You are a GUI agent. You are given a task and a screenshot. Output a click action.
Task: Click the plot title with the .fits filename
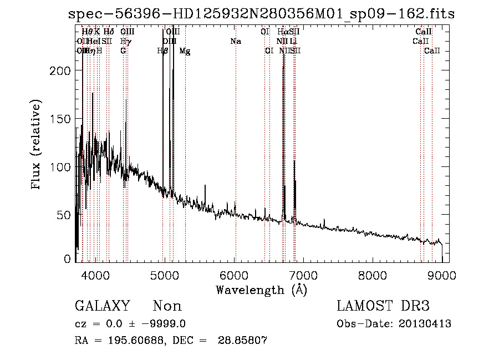261,14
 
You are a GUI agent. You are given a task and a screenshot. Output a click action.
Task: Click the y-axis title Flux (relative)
37,145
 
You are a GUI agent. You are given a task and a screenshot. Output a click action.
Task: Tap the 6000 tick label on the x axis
234,275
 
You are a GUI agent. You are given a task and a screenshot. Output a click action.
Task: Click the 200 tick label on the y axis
60,71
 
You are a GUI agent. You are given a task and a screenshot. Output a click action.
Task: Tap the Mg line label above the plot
185,51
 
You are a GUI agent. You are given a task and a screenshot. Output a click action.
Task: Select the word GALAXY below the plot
103,306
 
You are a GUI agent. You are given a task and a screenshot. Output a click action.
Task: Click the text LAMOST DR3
383,306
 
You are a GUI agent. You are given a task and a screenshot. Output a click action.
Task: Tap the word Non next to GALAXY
167,306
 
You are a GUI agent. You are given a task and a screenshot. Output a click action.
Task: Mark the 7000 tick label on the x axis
303,275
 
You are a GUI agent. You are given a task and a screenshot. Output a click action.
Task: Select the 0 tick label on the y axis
67,258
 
